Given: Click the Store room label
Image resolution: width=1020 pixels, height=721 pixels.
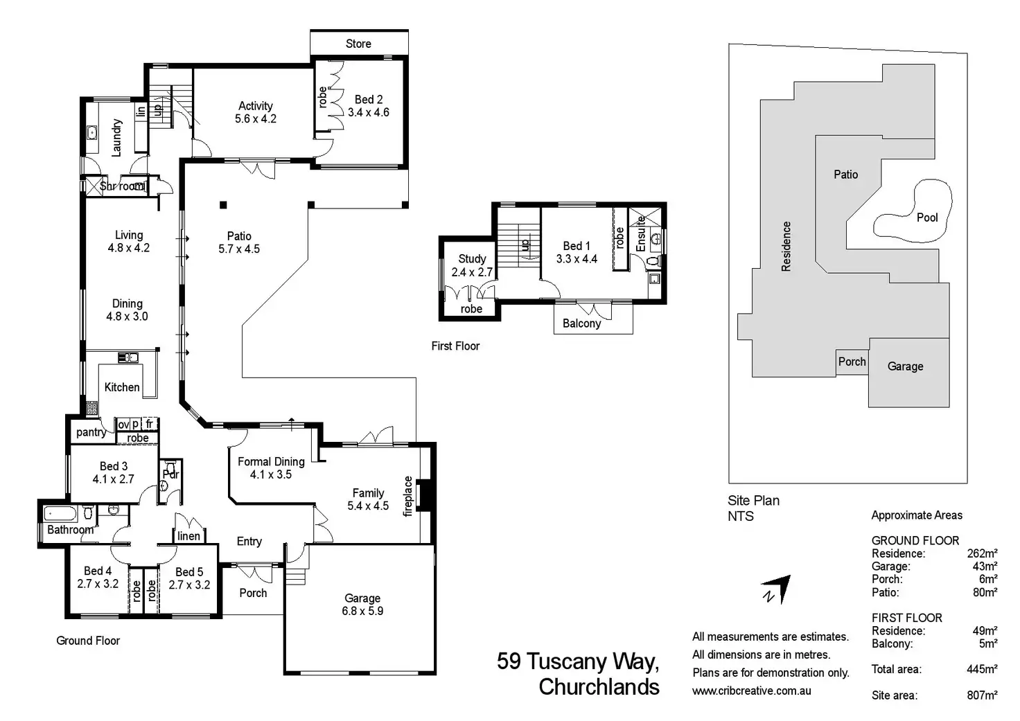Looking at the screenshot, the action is [358, 44].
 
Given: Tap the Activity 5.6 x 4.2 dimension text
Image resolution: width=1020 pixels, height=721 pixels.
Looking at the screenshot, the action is [256, 119].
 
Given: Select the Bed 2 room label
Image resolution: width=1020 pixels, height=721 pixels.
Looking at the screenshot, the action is [369, 99].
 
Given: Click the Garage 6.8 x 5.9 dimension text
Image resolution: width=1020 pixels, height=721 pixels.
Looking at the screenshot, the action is [362, 611].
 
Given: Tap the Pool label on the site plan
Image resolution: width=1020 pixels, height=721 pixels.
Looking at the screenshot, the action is [927, 217].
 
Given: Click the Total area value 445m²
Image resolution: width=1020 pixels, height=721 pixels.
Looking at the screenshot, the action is [982, 669].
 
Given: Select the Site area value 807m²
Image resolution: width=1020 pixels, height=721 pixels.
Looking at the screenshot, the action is [982, 695].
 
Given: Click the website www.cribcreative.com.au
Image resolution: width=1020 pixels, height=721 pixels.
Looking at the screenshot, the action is [751, 691].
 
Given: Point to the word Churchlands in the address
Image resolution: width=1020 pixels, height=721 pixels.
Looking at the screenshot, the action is [599, 687].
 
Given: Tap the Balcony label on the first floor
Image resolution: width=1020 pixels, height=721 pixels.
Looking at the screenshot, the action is [581, 323].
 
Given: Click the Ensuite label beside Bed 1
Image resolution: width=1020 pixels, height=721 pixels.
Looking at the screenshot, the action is [641, 233].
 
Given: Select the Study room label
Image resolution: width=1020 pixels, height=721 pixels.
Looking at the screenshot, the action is [472, 259].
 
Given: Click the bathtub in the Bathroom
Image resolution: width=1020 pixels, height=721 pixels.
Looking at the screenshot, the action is [60, 514].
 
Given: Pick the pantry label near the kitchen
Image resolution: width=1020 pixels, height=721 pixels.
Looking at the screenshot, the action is [91, 432].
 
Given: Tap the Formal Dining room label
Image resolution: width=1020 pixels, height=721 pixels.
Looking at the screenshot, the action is [271, 461].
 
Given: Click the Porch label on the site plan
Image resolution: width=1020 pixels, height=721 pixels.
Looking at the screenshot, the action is [852, 362].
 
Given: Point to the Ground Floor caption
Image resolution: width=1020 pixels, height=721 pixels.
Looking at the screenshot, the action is [88, 641].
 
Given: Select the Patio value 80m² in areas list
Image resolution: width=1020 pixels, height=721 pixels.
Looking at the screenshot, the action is [985, 592].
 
